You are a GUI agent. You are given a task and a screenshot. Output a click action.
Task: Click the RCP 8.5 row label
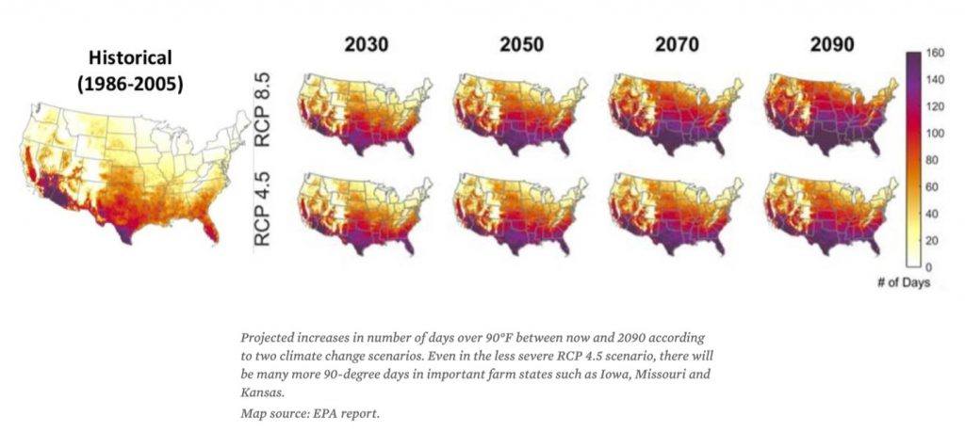[x=265, y=113]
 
